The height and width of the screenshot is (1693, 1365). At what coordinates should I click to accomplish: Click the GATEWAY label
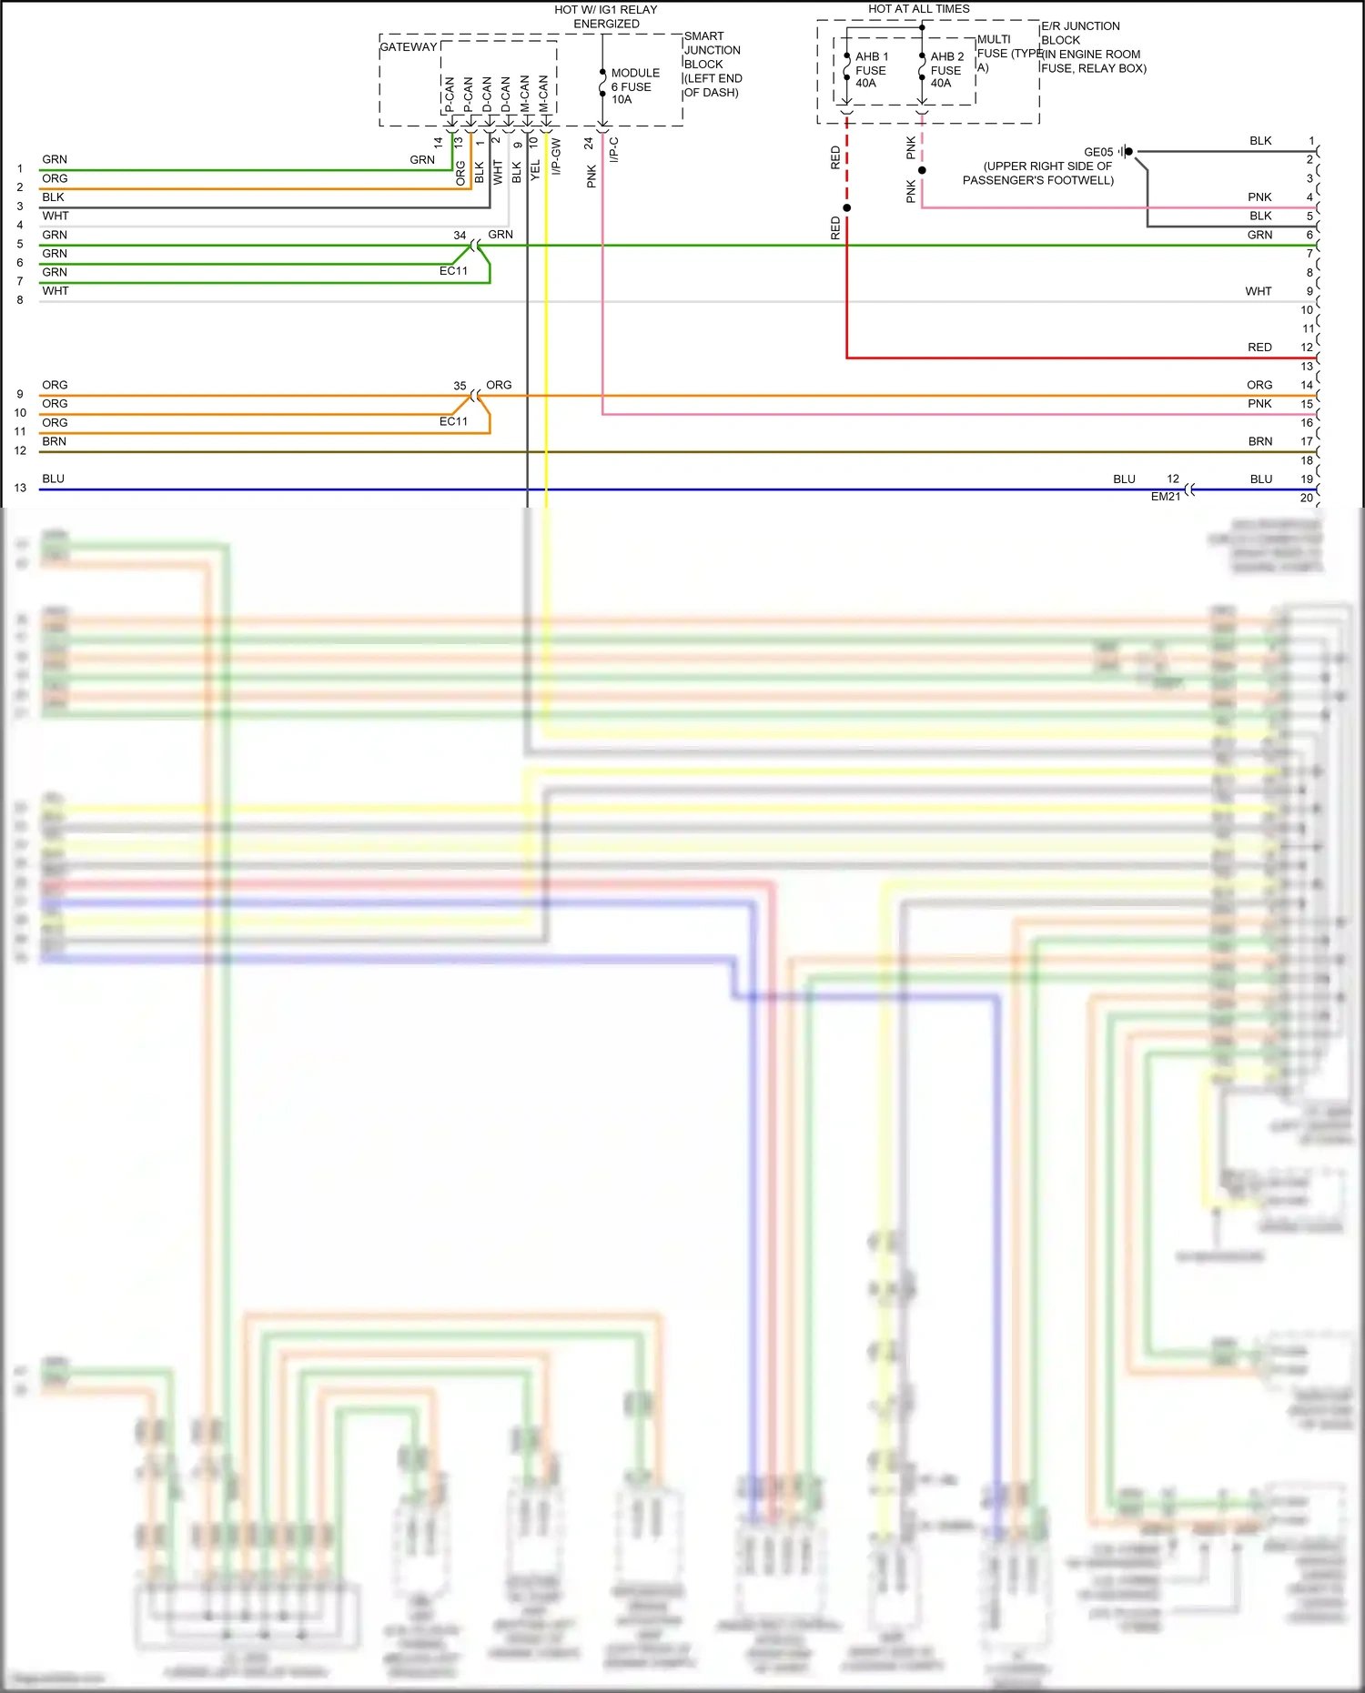pyautogui.click(x=408, y=47)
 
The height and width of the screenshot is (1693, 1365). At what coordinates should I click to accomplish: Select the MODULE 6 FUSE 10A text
pyautogui.click(x=634, y=86)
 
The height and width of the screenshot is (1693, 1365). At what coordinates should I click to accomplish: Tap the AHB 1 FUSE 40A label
pyautogui.click(x=871, y=70)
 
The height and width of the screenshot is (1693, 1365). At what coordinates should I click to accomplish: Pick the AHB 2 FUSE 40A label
pyautogui.click(x=946, y=70)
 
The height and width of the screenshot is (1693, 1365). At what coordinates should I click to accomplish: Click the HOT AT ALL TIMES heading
pyautogui.click(x=918, y=9)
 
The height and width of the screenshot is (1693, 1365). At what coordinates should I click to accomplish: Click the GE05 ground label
pyautogui.click(x=1098, y=152)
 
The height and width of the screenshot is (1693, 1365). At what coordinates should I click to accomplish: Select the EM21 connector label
pyautogui.click(x=1165, y=497)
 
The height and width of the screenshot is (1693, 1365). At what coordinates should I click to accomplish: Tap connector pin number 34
pyautogui.click(x=460, y=235)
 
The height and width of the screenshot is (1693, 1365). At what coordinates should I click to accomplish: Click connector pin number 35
pyautogui.click(x=460, y=386)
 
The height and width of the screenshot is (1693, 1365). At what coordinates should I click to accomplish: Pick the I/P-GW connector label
pyautogui.click(x=557, y=156)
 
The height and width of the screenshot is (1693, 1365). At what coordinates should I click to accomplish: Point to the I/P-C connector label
pyautogui.click(x=613, y=149)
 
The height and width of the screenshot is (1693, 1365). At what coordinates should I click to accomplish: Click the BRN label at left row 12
pyautogui.click(x=54, y=441)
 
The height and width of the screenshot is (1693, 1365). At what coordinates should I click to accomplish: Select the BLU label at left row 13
pyautogui.click(x=53, y=479)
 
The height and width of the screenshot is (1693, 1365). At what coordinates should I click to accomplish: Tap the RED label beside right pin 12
pyautogui.click(x=1259, y=348)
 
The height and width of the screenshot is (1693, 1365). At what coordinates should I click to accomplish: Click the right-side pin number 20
pyautogui.click(x=1307, y=498)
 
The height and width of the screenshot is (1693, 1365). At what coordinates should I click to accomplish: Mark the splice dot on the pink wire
pyautogui.click(x=922, y=170)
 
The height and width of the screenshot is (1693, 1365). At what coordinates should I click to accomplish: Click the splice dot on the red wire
pyautogui.click(x=846, y=208)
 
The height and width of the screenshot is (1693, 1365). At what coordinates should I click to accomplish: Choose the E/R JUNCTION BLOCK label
pyautogui.click(x=1080, y=33)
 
